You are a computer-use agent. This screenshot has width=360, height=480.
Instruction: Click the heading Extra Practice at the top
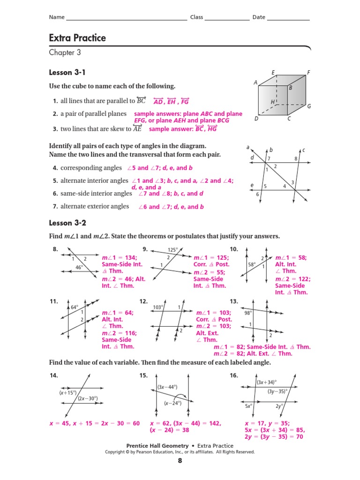77,38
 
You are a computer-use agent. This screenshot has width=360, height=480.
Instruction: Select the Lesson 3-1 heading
67,73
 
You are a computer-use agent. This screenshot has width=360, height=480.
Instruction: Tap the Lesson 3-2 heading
67,223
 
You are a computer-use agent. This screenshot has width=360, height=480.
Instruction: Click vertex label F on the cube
308,72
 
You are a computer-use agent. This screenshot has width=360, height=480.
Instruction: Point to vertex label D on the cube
256,119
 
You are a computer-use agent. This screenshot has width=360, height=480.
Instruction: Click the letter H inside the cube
272,102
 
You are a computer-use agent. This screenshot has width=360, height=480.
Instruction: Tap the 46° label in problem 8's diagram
80,267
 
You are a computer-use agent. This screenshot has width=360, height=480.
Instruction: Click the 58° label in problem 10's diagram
251,264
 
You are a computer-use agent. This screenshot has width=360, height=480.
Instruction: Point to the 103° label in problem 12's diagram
158,307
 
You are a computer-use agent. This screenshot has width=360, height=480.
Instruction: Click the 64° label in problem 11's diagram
74,307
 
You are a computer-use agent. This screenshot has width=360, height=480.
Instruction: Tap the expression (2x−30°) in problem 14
88,398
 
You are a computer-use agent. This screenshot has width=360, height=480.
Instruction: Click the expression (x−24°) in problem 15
172,403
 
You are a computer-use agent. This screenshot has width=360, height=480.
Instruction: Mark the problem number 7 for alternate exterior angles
55,206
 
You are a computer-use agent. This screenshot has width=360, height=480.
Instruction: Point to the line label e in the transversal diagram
252,185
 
